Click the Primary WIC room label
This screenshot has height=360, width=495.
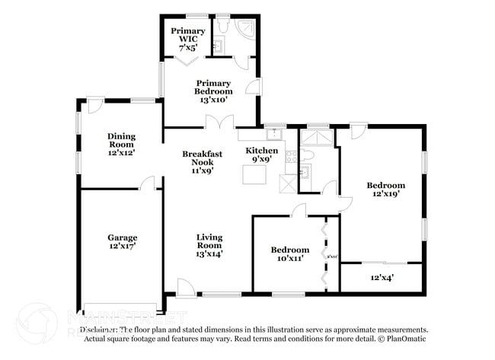tap(187, 37)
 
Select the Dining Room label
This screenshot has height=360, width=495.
tap(121, 145)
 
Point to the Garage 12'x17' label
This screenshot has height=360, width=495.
tap(122, 241)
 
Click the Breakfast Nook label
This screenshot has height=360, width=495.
tap(202, 161)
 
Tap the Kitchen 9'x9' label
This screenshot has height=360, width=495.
tap(261, 155)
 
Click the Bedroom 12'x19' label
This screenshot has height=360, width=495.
tap(385, 189)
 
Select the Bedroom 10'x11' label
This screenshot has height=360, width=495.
tap(290, 253)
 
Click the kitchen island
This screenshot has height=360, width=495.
tap(254, 174)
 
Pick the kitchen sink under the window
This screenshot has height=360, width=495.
tap(278, 134)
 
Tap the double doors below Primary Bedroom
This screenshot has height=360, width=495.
tap(219, 121)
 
